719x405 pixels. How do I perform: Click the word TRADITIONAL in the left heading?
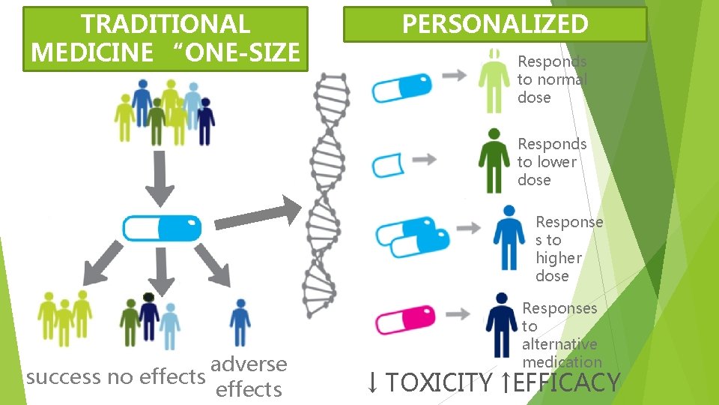[166, 24]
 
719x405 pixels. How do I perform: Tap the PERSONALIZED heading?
[495, 24]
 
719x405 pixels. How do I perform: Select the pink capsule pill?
[404, 319]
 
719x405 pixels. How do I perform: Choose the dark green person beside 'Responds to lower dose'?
[494, 160]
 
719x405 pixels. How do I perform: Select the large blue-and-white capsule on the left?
[163, 227]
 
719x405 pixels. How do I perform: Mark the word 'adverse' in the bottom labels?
[249, 364]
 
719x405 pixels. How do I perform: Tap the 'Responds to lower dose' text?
[552, 161]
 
